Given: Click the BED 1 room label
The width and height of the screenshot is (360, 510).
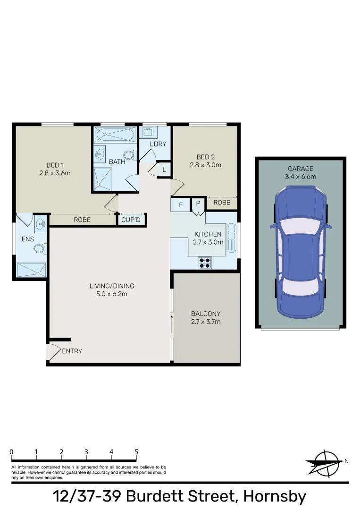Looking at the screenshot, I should [55, 165].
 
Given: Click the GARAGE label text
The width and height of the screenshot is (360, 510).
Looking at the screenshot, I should [301, 169].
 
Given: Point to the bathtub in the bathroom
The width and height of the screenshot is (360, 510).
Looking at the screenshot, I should [115, 135].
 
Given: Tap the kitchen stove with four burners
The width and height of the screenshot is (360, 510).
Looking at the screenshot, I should [205, 263].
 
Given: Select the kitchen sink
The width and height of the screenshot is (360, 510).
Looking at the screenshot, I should [231, 238].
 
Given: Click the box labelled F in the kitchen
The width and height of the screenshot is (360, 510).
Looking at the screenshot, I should [180, 205].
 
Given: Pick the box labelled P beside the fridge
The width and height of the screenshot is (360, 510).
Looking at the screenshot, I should [198, 204].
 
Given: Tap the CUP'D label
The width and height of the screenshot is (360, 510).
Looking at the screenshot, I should [131, 220].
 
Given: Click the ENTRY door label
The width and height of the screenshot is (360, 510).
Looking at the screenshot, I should [72, 351].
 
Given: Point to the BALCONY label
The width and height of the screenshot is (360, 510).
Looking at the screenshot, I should [206, 314].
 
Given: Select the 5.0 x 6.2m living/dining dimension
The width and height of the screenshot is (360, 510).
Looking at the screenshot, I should [112, 294].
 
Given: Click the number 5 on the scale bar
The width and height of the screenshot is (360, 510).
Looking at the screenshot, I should [136, 452].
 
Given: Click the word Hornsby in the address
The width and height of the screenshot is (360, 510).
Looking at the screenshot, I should [274, 497].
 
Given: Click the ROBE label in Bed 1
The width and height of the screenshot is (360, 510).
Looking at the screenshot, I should [82, 220].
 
